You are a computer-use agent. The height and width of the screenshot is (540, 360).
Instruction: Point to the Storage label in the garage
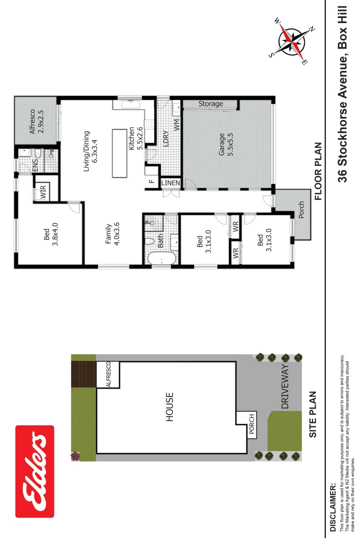[x=210, y=104]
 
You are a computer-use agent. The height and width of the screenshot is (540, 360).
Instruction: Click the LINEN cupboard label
[x=170, y=183]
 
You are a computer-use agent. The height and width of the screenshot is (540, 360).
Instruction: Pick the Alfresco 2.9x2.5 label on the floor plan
[x=36, y=120]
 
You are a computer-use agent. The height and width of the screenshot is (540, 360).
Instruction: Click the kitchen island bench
[x=119, y=153]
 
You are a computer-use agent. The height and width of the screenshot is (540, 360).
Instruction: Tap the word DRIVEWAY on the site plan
[x=285, y=386]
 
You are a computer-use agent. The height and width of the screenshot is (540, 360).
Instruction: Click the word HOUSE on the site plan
[x=169, y=407]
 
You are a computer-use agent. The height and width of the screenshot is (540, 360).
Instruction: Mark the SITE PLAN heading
[x=313, y=414]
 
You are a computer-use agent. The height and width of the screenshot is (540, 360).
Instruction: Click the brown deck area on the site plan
[x=83, y=374]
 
